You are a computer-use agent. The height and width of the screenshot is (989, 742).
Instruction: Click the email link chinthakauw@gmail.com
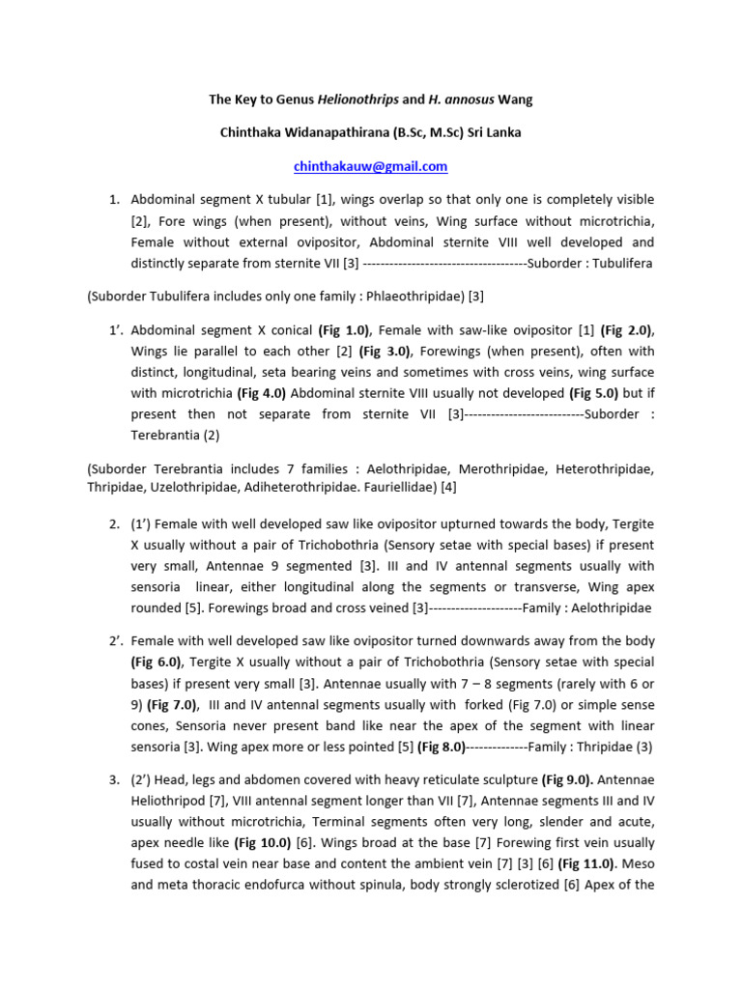click(x=370, y=166)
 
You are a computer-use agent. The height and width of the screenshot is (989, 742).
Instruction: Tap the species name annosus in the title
click(x=460, y=99)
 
